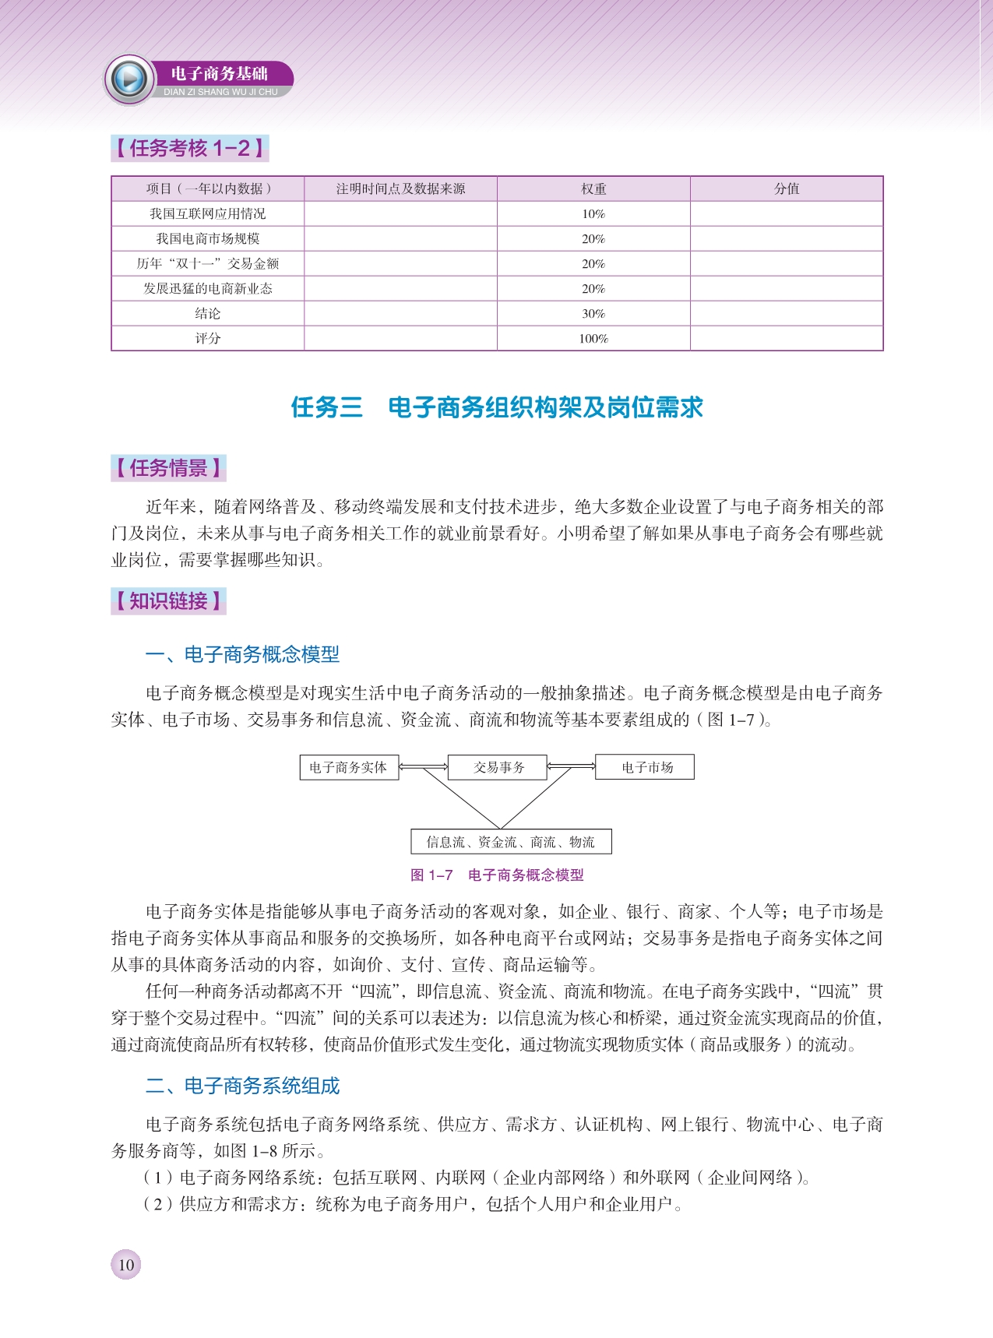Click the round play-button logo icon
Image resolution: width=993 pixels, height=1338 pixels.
pos(129,79)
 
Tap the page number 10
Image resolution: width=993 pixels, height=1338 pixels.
pos(126,1264)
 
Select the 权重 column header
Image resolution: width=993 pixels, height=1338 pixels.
pos(593,189)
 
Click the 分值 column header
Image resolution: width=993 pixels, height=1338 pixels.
pos(787,189)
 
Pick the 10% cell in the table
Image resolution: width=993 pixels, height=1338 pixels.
pos(593,214)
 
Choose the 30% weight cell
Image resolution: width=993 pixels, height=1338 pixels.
pos(593,314)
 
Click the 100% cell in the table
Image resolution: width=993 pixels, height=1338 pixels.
pos(593,339)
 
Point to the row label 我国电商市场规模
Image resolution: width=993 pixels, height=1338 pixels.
pos(208,239)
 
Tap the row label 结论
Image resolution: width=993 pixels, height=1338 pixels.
pos(208,314)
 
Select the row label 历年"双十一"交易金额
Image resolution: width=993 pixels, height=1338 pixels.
pos(208,264)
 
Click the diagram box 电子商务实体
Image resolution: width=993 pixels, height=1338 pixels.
pos(348,767)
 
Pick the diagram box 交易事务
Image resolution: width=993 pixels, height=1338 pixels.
pos(498,767)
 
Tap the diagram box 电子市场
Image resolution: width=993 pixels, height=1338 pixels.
pos(645,767)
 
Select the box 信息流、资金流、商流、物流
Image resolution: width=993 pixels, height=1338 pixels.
pos(510,842)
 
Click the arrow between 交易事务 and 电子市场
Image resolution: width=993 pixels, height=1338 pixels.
pos(571,767)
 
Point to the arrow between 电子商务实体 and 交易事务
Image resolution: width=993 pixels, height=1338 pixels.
pos(424,767)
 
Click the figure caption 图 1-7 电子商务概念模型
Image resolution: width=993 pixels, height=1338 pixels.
pos(497,875)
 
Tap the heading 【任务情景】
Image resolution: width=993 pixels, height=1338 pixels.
pos(168,468)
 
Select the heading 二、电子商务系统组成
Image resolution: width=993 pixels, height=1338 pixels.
pos(243,1086)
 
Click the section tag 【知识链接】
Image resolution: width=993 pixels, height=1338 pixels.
pos(168,601)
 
